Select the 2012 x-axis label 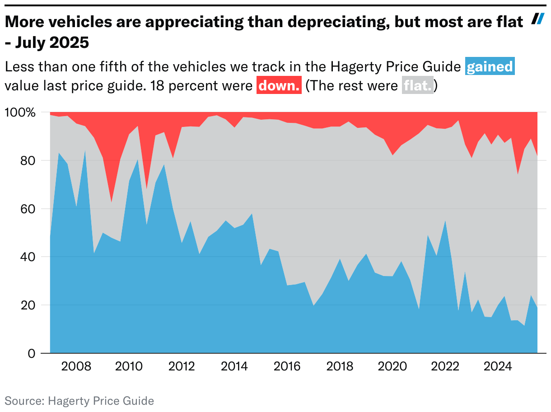coord(182,366)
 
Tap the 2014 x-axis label coord(234,366)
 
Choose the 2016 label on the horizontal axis coord(287,366)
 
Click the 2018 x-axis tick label coord(340,366)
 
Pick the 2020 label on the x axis coord(393,366)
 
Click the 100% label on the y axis coord(19,112)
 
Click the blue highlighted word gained coord(490,67)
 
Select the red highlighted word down coord(279,85)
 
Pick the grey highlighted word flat coord(418,85)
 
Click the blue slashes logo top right coord(537,19)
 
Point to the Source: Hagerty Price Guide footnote coord(79,401)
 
